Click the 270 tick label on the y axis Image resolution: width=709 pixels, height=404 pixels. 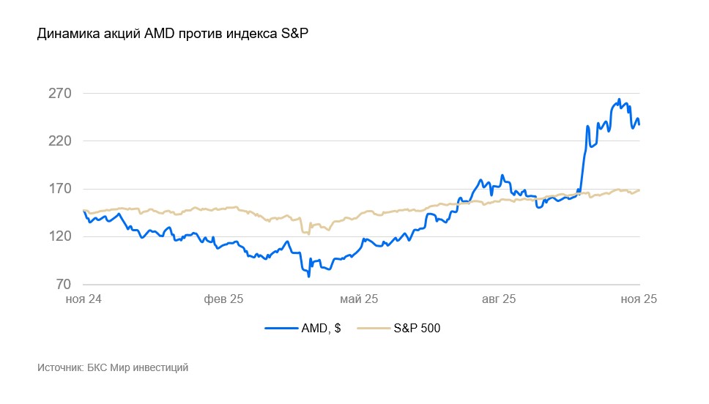[59, 94]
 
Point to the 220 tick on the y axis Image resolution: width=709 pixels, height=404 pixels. [59, 141]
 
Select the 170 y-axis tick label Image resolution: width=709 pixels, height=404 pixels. [59, 189]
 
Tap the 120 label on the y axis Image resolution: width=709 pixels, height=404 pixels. [59, 236]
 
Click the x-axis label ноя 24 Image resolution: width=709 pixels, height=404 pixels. [83, 299]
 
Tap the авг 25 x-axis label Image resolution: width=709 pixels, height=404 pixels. [499, 299]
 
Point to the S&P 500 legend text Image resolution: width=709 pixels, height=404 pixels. [417, 329]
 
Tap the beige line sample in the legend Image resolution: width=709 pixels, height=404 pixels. [374, 329]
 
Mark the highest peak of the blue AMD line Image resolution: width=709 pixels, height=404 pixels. [619, 100]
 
